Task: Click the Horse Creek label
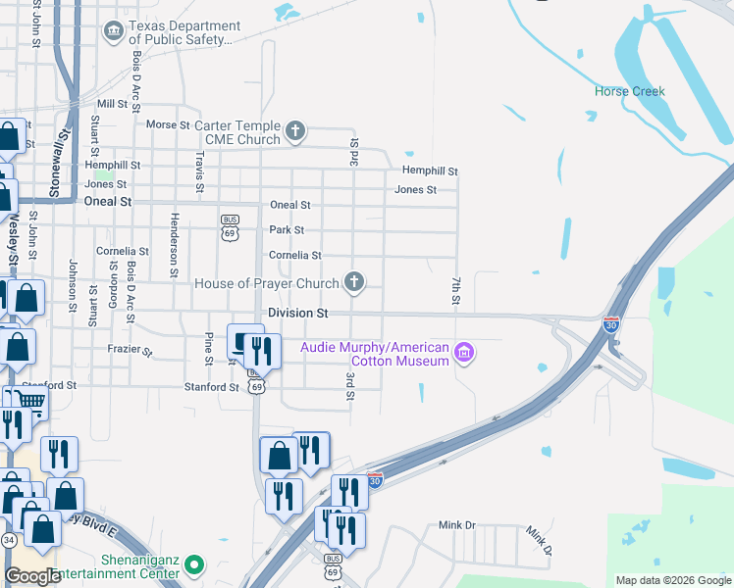tap(629, 92)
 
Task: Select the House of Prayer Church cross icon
tap(353, 283)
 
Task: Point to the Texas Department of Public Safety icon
tap(114, 32)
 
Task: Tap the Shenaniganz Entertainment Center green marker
tap(194, 564)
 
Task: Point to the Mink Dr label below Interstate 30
tap(456, 525)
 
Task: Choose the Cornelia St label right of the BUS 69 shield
tap(295, 255)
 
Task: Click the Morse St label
tap(167, 125)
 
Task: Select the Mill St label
tap(112, 103)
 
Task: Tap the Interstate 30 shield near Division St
tap(611, 323)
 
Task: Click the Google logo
tap(32, 576)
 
